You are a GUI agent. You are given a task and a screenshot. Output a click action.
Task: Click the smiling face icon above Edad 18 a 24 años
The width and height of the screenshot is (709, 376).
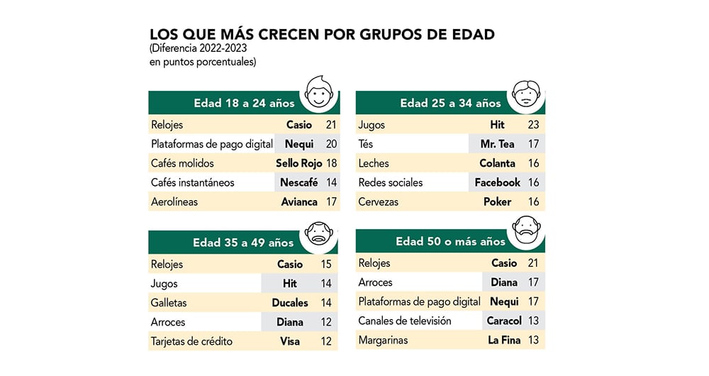point(320,92)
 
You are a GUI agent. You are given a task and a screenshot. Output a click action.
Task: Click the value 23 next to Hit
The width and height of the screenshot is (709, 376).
point(534,125)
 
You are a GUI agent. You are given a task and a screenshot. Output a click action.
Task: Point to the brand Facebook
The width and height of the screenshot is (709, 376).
point(498,182)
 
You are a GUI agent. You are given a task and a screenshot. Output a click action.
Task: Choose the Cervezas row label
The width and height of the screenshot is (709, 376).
point(379,201)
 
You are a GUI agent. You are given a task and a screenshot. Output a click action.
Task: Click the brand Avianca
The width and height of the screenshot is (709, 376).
point(299,201)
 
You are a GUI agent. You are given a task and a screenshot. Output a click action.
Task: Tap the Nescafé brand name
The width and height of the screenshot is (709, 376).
point(299,182)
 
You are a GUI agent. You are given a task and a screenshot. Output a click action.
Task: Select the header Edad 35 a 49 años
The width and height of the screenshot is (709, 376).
point(243,243)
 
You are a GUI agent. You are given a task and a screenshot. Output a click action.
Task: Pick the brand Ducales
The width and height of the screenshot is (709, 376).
point(290,302)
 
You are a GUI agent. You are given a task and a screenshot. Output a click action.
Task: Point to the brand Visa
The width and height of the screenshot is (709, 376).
point(290,341)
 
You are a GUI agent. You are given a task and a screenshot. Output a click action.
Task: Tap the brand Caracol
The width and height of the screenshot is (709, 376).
point(504,321)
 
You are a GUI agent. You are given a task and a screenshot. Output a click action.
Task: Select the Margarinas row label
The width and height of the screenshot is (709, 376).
point(384,340)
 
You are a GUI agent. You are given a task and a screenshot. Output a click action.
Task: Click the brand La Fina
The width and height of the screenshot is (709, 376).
point(504,340)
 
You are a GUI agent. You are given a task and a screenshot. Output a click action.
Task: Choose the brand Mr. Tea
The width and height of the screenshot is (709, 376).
point(497,144)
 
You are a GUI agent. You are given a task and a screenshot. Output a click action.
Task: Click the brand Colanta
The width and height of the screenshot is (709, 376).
point(497,163)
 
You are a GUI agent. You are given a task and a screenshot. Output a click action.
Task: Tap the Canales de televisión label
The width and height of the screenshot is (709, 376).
point(405,321)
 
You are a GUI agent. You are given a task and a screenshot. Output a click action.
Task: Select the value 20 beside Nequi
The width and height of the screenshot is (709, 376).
point(330,144)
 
